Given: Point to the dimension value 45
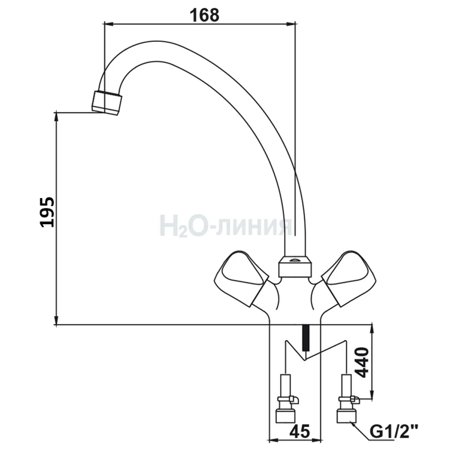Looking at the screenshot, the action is coord(299,431).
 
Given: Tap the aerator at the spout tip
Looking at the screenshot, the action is coord(107,103).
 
